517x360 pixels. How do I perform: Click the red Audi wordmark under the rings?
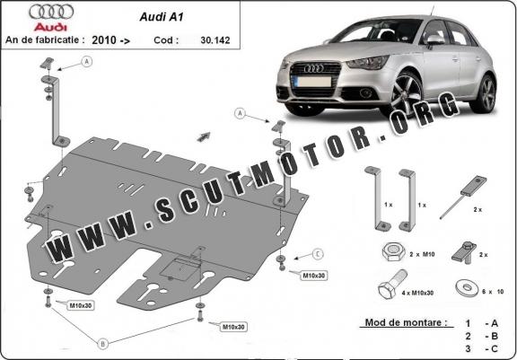[x=50, y=27]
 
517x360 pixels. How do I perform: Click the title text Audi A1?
[x=162, y=17]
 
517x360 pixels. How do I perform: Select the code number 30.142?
[x=215, y=40]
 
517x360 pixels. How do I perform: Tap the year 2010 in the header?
[x=104, y=40]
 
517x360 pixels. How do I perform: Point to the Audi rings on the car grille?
[x=314, y=68]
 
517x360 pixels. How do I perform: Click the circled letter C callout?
[x=318, y=254]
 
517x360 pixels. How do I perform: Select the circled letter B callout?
[x=102, y=344]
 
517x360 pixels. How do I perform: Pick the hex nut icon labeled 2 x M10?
[x=392, y=252]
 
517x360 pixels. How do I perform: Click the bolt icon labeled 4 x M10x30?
[x=392, y=284]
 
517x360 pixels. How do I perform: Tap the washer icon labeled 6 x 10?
[x=467, y=288]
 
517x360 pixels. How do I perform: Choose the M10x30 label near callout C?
[x=313, y=276]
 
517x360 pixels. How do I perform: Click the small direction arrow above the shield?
[x=204, y=136]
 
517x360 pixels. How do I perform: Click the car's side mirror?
[x=435, y=40]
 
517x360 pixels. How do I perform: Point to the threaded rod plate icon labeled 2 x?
[x=463, y=197]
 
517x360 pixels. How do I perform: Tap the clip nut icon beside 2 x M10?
[x=463, y=253]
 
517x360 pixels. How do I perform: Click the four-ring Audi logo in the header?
[x=51, y=13]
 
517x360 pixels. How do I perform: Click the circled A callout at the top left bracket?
[x=87, y=62]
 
